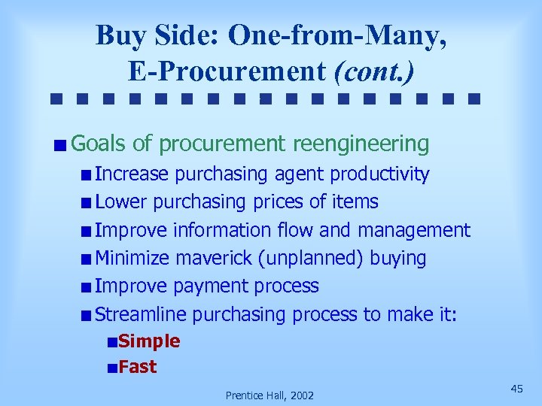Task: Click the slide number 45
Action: (516, 388)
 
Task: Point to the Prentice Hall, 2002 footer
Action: (270, 395)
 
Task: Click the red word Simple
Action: (149, 341)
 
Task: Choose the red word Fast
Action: (138, 367)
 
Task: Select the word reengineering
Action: (361, 143)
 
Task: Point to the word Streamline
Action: (141, 314)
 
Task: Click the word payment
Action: (213, 286)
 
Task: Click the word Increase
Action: (132, 174)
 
